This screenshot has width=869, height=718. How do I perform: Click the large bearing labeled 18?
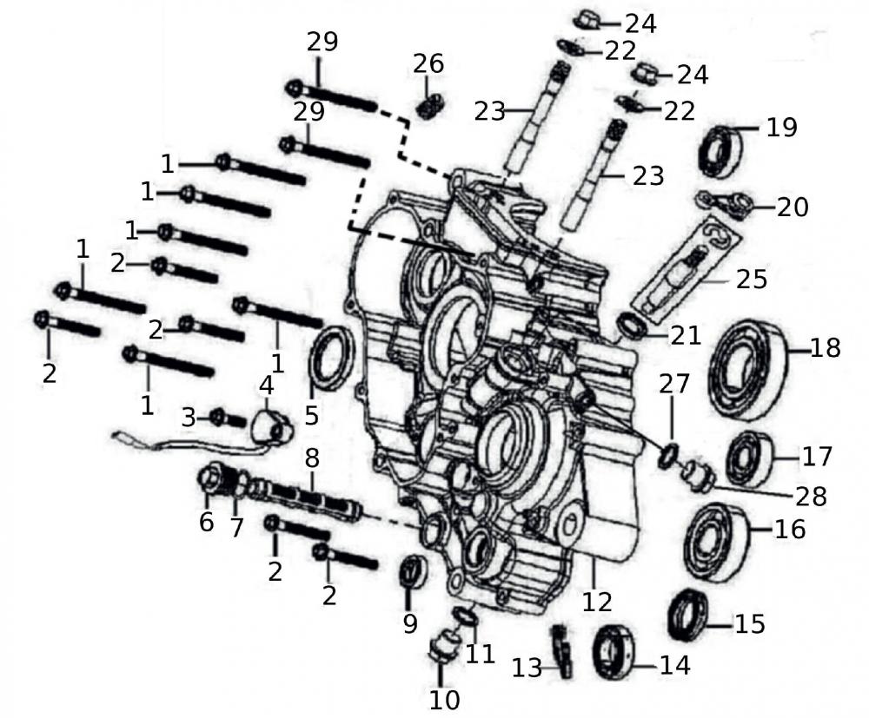746,370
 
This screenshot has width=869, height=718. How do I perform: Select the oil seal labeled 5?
331,358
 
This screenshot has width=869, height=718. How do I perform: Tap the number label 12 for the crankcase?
597,600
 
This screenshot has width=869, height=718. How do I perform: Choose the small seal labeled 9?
413,575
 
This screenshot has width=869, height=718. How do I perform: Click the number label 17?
816,456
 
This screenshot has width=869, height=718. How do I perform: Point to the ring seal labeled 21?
633,326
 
